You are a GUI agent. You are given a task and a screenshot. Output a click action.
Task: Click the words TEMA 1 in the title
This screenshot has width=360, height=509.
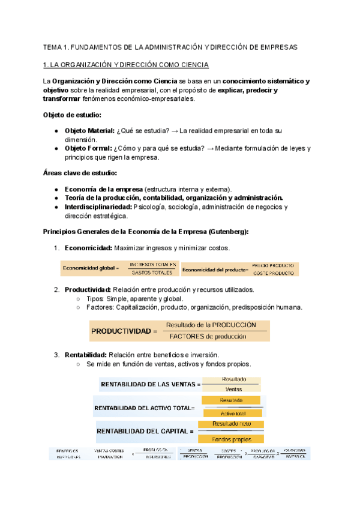(x=56, y=47)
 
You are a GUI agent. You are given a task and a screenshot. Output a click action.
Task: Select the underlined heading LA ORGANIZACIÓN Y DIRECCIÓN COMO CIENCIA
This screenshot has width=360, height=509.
(x=130, y=65)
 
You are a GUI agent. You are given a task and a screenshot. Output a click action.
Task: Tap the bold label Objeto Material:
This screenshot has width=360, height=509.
(x=89, y=130)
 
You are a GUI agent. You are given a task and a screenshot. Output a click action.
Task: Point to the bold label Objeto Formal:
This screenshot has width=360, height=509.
(x=88, y=148)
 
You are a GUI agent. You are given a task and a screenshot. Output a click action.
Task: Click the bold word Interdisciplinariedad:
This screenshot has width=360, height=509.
(x=98, y=207)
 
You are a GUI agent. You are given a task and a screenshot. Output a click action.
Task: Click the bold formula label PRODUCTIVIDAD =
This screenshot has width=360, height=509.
(x=124, y=330)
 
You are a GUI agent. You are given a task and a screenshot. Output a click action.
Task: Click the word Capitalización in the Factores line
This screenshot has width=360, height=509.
(x=145, y=307)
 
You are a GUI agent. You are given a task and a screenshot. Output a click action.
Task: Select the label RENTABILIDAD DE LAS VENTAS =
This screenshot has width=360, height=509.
(x=150, y=384)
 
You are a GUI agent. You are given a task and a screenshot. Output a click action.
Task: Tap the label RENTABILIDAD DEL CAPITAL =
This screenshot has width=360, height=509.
(x=145, y=431)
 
